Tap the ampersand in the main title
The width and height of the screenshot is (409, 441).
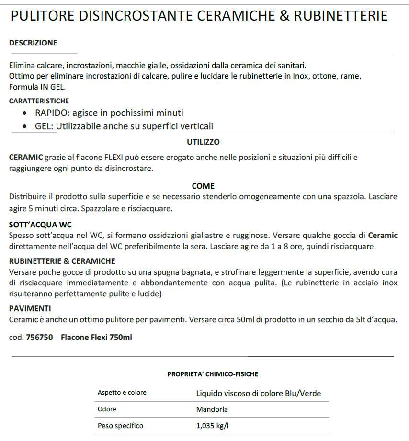271,16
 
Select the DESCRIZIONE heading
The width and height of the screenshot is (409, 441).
33,43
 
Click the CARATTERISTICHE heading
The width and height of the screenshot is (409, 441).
39,101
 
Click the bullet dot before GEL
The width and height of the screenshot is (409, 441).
25,126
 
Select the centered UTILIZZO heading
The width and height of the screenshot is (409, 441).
203,142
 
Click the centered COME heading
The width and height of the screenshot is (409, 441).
203,186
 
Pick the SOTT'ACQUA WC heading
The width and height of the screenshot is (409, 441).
41,225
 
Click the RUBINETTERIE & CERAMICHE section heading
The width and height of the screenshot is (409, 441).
62,261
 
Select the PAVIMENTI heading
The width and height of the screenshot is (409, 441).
30,308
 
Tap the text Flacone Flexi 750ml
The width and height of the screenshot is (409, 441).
96,337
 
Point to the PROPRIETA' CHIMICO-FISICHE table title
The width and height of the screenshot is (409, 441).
213,374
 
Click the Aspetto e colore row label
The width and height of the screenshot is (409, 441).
122,393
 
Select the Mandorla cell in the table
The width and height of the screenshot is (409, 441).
212,409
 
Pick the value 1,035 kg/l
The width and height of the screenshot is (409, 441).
215,426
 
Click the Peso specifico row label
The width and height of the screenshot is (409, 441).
120,426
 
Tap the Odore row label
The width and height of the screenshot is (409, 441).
107,409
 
